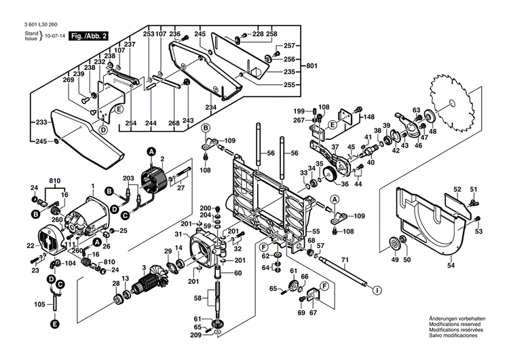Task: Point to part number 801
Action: pos(312,66)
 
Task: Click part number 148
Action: pos(369,117)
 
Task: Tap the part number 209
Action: pos(196,335)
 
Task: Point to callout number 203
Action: pos(128,178)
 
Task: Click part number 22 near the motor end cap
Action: pos(30,245)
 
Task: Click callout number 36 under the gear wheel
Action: pos(344,183)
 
